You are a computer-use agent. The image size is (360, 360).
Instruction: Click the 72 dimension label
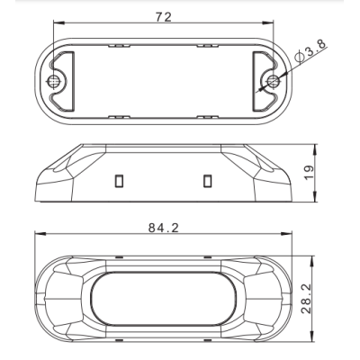164,17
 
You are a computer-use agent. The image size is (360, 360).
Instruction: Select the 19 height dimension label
310,173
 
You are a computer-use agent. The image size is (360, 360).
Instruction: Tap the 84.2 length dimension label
164,228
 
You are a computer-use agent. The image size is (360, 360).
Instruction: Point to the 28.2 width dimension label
307,299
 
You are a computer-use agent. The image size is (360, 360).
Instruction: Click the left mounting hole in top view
54,81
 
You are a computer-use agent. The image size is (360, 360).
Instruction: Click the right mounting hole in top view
273,80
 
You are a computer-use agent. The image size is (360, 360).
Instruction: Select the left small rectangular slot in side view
119,181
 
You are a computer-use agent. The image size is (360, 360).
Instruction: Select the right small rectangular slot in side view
207,181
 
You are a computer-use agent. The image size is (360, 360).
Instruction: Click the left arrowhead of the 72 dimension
58,22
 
